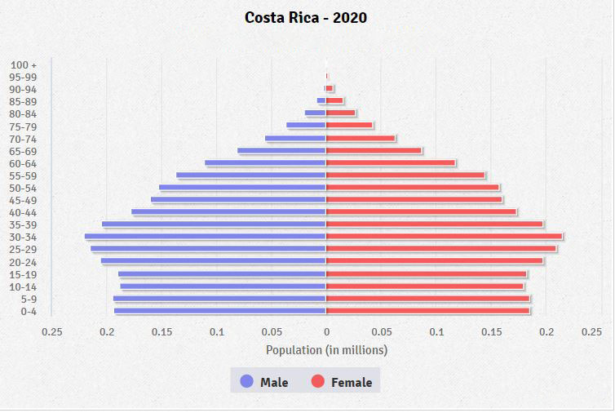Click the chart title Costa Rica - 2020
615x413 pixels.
pos(306,17)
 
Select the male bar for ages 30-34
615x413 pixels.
pos(206,237)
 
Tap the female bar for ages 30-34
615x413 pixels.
pos(444,237)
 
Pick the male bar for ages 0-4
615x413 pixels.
pos(220,311)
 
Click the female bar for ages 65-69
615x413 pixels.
pos(374,150)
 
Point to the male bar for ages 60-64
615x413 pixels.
pos(265,162)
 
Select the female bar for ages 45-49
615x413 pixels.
pos(414,200)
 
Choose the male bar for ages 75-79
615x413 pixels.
pos(306,126)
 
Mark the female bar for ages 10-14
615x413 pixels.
pos(424,286)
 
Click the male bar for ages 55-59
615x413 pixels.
pos(251,175)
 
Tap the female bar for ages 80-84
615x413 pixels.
pos(340,113)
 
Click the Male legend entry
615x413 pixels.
pos(264,382)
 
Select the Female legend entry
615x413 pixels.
pos(341,382)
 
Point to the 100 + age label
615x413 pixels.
pos(24,64)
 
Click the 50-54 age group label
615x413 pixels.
pos(24,188)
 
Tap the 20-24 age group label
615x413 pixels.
pos(24,262)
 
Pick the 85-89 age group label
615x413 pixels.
pos(24,101)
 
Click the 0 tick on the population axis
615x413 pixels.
pos(326,332)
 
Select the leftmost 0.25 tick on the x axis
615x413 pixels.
pos(51,332)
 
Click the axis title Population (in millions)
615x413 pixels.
pos(326,350)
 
